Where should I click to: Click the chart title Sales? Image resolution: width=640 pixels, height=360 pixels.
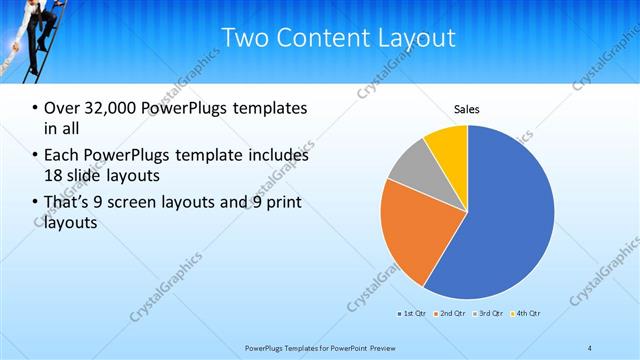click(467, 108)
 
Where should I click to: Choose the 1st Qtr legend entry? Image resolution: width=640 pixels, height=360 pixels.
click(412, 314)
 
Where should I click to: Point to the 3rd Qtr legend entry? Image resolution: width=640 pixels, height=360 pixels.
click(490, 314)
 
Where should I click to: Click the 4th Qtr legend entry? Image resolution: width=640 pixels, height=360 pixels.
click(527, 314)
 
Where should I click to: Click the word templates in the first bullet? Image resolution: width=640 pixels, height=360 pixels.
click(268, 108)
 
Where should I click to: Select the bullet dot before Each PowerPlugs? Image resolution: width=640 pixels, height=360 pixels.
click(36, 156)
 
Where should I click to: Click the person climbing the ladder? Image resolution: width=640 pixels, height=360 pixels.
click(37, 30)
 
